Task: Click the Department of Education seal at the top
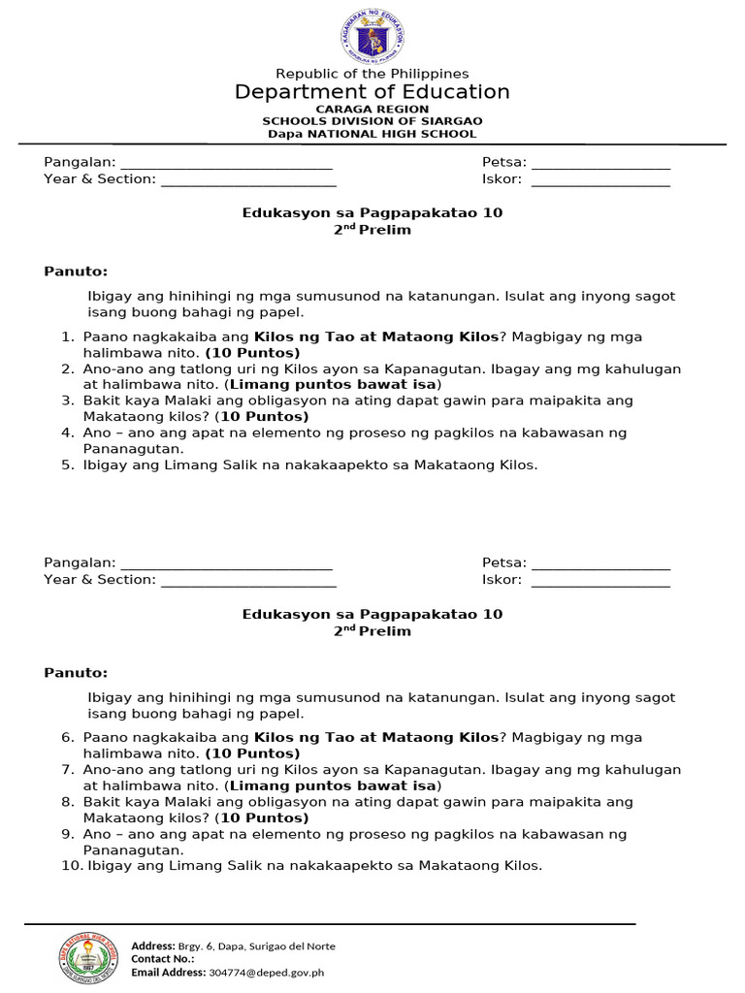pos(372,36)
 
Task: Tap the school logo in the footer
pos(87,958)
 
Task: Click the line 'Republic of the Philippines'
pos(372,74)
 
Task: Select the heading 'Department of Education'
pos(372,92)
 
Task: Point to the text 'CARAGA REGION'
pos(372,110)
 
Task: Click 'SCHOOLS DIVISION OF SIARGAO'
pos(372,121)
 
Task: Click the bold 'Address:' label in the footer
pos(152,946)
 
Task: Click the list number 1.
pos(67,336)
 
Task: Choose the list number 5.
pos(67,464)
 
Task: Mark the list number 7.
pos(67,769)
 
